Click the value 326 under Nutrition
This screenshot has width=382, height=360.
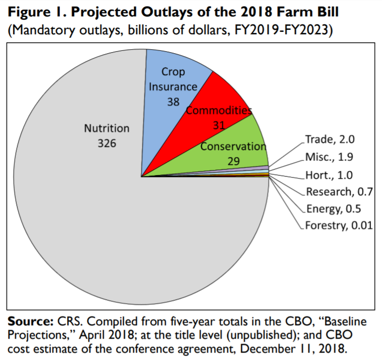106,143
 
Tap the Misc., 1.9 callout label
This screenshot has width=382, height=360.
329,158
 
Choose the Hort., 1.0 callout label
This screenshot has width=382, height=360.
329,175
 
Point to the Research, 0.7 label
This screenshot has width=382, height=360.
339,192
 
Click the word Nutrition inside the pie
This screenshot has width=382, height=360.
106,128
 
